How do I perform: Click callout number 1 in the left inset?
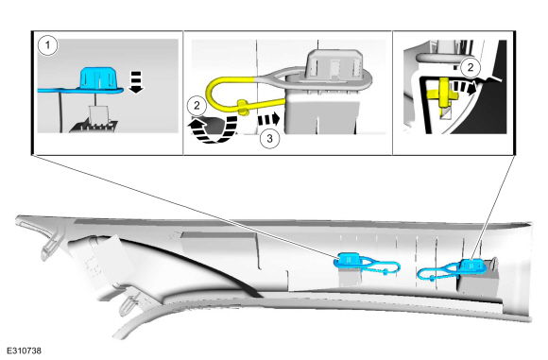[x=48, y=45]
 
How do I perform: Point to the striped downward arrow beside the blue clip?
[x=136, y=82]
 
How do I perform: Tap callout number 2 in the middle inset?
[x=197, y=105]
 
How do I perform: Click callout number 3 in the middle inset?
[x=269, y=139]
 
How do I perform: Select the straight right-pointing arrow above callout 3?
[x=268, y=119]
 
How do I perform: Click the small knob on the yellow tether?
[x=243, y=106]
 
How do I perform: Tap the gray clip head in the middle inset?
[x=334, y=63]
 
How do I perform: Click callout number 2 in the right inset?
[x=471, y=67]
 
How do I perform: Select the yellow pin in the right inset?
[x=443, y=93]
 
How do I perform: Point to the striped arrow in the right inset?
[x=462, y=87]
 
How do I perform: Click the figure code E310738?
[x=25, y=351]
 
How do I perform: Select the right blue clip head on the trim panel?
[x=471, y=266]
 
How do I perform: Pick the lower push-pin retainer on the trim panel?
[x=130, y=303]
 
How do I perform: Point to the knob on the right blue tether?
[x=433, y=278]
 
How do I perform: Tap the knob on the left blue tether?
[x=385, y=271]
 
